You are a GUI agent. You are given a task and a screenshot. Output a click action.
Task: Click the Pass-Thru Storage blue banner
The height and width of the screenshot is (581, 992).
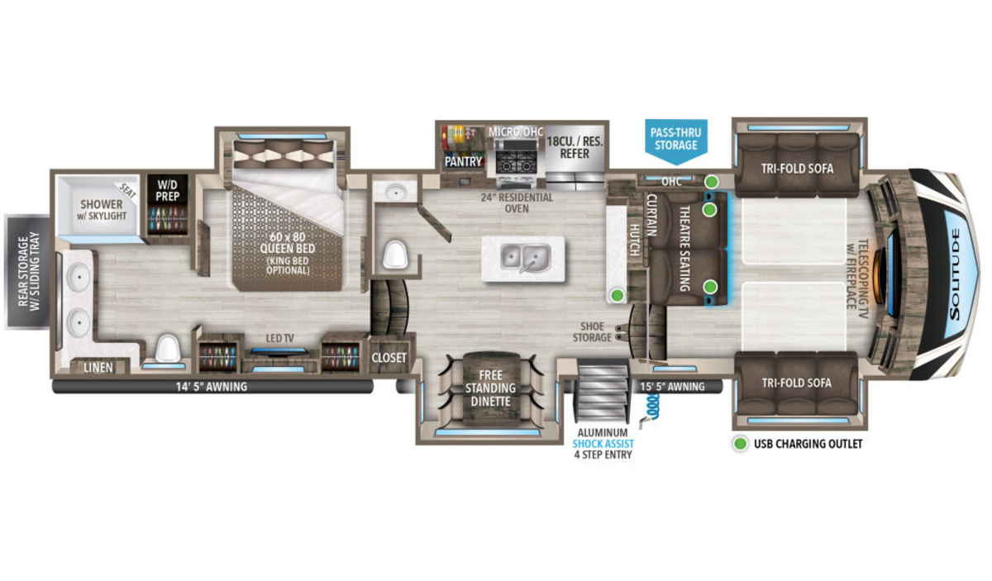[676, 140]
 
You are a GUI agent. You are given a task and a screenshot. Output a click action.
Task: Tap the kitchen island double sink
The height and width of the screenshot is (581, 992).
[526, 258]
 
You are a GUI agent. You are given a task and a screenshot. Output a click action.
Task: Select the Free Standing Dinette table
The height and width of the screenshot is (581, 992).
[491, 388]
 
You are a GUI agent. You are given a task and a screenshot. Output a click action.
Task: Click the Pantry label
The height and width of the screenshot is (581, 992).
[463, 162]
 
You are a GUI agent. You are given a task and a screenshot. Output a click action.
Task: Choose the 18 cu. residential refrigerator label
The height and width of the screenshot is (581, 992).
[575, 147]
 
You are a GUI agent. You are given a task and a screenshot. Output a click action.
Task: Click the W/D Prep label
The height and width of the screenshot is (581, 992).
[167, 190]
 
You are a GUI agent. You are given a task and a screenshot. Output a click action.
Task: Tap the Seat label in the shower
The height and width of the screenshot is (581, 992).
[128, 190]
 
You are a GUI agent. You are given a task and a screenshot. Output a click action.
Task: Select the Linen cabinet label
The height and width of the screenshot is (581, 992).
[98, 367]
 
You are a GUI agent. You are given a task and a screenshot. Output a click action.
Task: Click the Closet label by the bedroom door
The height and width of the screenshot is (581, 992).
[389, 357]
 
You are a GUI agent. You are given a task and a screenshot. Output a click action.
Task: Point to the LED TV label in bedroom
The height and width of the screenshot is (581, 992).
[280, 338]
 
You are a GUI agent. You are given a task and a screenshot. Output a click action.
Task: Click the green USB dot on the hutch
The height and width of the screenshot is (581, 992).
[618, 294]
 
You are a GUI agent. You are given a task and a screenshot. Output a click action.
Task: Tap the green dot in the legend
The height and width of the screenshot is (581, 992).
[741, 443]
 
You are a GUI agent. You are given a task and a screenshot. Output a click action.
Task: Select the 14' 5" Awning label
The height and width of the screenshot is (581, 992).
[212, 387]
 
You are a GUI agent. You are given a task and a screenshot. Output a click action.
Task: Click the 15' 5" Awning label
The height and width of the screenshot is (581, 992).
[672, 387]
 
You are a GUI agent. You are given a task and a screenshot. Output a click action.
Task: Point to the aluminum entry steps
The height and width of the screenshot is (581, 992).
[603, 391]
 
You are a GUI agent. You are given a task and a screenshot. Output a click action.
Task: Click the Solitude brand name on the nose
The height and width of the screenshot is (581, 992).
[956, 274]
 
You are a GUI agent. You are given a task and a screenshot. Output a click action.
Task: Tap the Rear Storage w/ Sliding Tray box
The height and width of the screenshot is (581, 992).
[27, 271]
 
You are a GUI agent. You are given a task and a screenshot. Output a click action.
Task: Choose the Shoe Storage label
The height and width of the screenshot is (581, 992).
[592, 331]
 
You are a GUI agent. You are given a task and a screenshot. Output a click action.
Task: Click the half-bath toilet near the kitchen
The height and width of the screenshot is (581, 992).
[394, 255]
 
